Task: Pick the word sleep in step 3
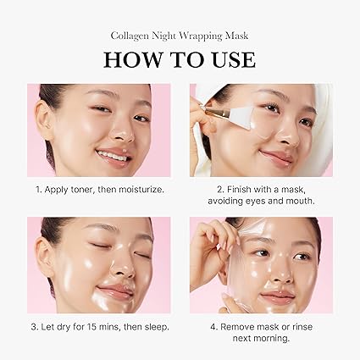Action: [153, 326]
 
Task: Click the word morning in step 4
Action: [275, 339]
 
